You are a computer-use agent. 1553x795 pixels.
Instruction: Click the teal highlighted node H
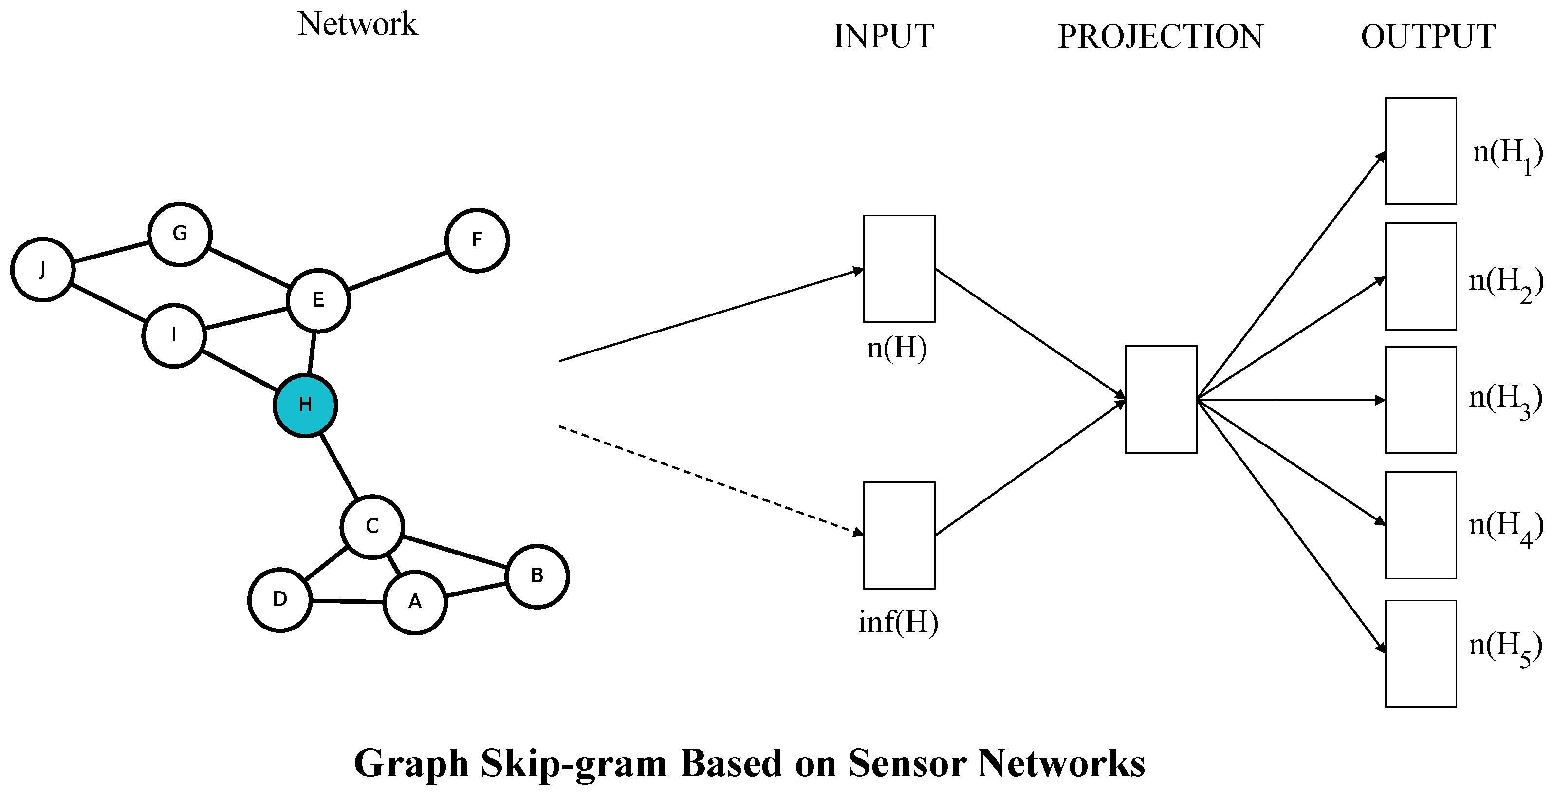click(x=305, y=405)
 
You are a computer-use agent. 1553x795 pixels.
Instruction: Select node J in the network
click(x=42, y=269)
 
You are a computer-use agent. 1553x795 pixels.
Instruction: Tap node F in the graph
click(x=477, y=240)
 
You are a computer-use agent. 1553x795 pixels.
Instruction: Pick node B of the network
click(x=536, y=576)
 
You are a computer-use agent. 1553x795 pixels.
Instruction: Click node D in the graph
click(x=280, y=600)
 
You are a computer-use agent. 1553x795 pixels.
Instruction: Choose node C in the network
click(x=372, y=527)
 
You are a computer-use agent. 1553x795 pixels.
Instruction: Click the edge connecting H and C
click(x=339, y=466)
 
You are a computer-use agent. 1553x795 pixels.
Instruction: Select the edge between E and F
click(x=398, y=271)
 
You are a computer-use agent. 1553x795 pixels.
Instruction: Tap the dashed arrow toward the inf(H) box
click(x=711, y=481)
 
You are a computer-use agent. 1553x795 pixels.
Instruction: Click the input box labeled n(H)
click(x=899, y=269)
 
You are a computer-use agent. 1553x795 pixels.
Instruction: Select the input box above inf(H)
click(x=899, y=535)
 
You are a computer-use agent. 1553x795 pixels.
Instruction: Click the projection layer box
click(x=1161, y=399)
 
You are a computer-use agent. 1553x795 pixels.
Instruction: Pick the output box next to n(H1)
click(x=1421, y=151)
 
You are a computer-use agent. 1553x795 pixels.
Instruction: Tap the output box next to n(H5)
click(x=1421, y=653)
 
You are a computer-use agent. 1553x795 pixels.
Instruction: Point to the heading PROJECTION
click(x=1160, y=37)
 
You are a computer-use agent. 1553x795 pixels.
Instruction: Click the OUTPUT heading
click(x=1427, y=37)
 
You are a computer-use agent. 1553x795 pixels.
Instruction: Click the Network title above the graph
click(x=357, y=24)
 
